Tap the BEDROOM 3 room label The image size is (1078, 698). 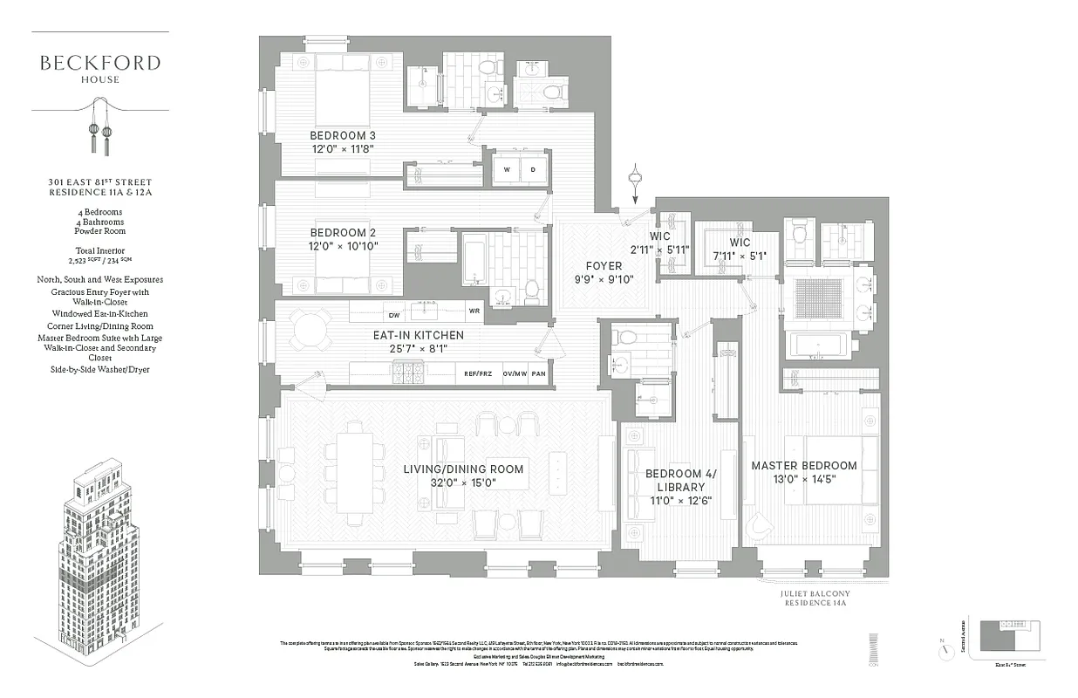tap(344, 136)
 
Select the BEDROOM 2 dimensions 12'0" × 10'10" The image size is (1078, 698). tap(344, 247)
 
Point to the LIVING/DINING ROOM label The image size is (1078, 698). tap(463, 469)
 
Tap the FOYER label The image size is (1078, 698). tap(604, 265)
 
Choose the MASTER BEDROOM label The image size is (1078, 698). tap(804, 466)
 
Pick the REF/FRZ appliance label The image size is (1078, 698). tap(478, 373)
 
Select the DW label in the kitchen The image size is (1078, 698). tap(393, 315)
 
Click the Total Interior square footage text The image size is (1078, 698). tap(99, 255)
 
